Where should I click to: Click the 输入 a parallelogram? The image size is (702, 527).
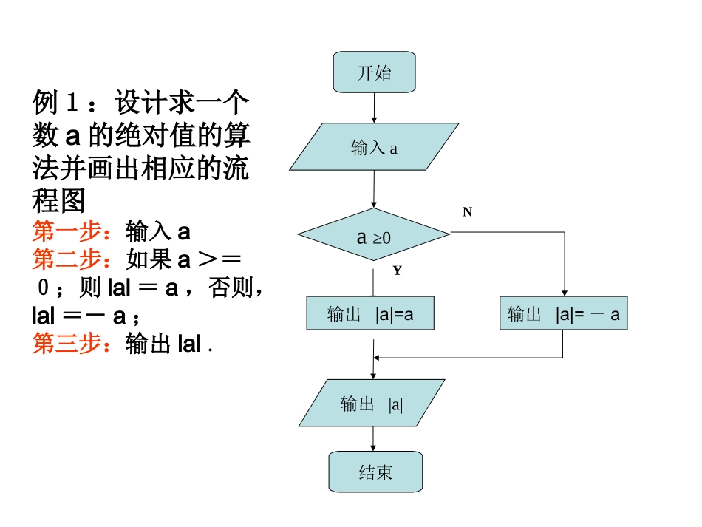(x=374, y=148)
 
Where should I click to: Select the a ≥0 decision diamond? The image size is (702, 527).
(x=374, y=236)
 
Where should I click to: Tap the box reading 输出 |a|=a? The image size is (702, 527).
(x=370, y=314)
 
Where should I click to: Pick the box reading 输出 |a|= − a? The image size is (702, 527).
(x=563, y=314)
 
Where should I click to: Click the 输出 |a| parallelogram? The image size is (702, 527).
(x=372, y=404)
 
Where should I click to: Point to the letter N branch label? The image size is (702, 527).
(x=467, y=212)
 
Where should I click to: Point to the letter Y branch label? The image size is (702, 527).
(x=397, y=271)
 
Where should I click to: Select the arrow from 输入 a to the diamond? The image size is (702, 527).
(x=374, y=189)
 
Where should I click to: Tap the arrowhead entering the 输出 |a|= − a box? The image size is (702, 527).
(x=564, y=293)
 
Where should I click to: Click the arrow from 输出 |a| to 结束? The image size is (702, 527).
(x=373, y=440)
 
